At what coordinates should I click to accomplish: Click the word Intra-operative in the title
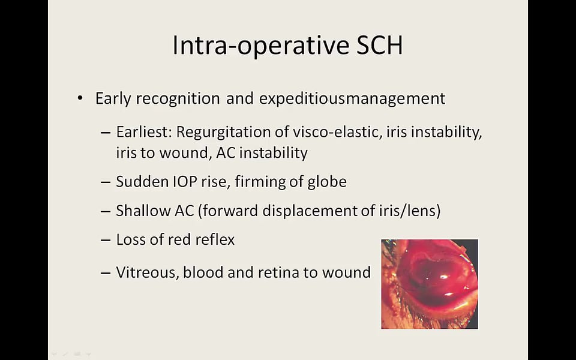pyautogui.click(x=261, y=45)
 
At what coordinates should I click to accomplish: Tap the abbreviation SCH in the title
pyautogui.click(x=380, y=45)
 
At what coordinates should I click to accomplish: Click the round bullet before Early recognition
pyautogui.click(x=80, y=98)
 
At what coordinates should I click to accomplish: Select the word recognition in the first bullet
pyautogui.click(x=178, y=99)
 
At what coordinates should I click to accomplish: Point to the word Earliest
pyautogui.click(x=144, y=131)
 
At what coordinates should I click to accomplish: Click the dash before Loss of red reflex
pyautogui.click(x=106, y=240)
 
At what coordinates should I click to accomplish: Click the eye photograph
pyautogui.click(x=430, y=284)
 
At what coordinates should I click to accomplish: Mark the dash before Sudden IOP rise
pyautogui.click(x=106, y=182)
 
